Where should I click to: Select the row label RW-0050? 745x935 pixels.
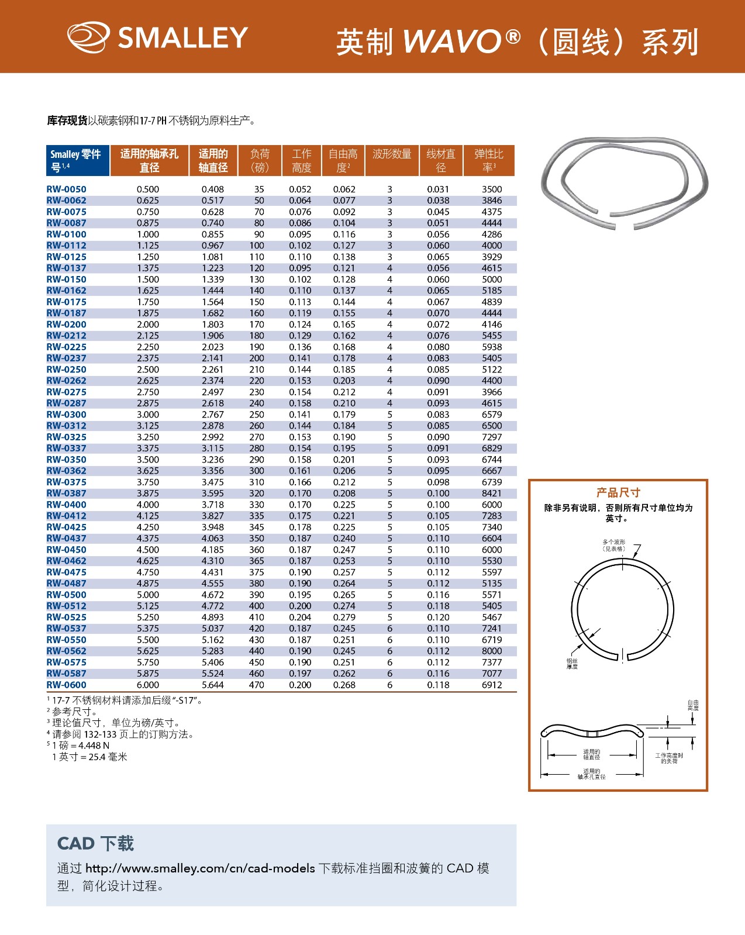point(66,189)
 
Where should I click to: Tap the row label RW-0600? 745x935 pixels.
point(66,685)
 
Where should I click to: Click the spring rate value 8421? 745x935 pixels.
point(491,494)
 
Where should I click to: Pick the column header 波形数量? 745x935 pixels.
point(392,154)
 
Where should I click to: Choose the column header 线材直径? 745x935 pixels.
point(441,160)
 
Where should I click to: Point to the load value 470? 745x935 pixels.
point(257,685)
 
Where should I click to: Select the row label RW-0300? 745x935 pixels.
point(66,415)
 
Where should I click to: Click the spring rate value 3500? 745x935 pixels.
point(491,189)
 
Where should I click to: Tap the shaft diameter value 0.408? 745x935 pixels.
point(212,189)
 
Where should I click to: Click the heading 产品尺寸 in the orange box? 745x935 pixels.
point(618,492)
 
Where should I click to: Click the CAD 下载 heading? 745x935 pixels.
point(95,843)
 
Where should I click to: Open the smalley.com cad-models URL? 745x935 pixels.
point(200,868)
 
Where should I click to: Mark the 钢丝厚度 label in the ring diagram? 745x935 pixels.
point(571,664)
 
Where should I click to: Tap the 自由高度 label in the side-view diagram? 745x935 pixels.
point(692,705)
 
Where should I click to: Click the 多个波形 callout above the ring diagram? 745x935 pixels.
point(613,545)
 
